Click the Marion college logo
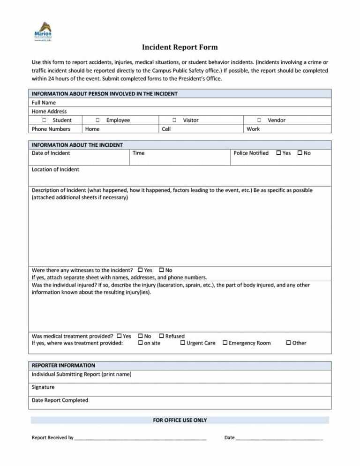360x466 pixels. [x=43, y=31]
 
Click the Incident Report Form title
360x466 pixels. [x=180, y=47]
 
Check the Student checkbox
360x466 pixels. [x=50, y=120]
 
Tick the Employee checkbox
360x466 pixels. [x=97, y=120]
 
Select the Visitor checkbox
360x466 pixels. [x=174, y=120]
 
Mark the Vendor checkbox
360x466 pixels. [x=259, y=120]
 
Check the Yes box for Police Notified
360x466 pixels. [x=279, y=153]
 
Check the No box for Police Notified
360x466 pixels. [x=300, y=153]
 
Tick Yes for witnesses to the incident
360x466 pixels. [x=141, y=270]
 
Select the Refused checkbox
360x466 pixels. [x=162, y=336]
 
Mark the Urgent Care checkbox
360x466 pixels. [x=183, y=343]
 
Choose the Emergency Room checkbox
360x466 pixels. [x=225, y=343]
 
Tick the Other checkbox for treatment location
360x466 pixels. [x=288, y=343]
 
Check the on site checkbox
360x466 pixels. [x=141, y=343]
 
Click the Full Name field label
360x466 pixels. [x=44, y=103]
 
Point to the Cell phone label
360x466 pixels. [x=166, y=129]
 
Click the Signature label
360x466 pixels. [x=43, y=387]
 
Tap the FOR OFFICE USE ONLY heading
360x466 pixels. [x=180, y=420]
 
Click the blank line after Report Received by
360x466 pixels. [x=141, y=438]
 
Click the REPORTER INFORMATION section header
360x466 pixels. [x=63, y=365]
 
